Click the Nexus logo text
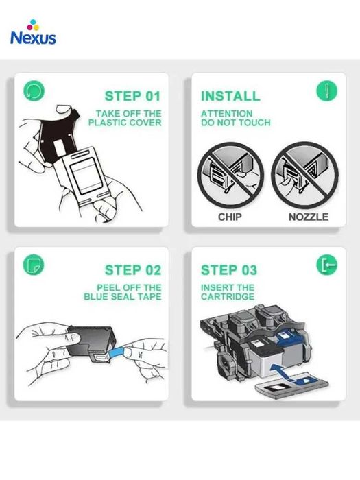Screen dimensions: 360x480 point(33,38)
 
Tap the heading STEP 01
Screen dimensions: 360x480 point(133,96)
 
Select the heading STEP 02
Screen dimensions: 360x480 point(133,270)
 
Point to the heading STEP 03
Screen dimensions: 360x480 point(229,270)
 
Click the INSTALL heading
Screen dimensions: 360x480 point(230,96)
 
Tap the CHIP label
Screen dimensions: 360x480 point(230,217)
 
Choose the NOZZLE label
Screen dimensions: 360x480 point(309,217)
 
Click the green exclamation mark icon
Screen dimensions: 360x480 point(326,91)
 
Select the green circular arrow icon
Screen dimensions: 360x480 point(34,91)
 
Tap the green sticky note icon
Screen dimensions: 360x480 point(34,265)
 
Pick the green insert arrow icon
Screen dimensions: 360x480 point(326,265)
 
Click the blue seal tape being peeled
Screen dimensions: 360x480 point(117,352)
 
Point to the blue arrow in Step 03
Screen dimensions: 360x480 point(283,372)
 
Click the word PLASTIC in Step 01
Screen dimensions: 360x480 point(106,123)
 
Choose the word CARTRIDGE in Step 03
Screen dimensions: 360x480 point(228,297)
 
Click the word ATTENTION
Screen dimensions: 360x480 point(227,114)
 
